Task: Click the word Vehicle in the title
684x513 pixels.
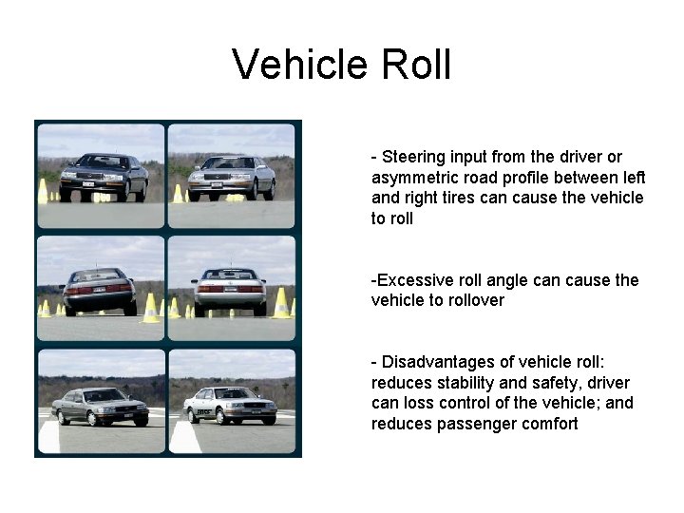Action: [299, 65]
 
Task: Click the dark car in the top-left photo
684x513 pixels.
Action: [103, 177]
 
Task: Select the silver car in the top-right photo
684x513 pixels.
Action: [231, 178]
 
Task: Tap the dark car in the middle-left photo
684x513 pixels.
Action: [98, 291]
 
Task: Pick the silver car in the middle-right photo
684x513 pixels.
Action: [230, 291]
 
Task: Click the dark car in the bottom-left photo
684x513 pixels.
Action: [100, 406]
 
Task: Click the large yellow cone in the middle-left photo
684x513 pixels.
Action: [150, 307]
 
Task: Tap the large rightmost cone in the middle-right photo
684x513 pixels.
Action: [281, 303]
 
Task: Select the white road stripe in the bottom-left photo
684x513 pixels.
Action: [50, 436]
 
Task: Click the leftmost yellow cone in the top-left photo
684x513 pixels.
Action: [43, 192]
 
